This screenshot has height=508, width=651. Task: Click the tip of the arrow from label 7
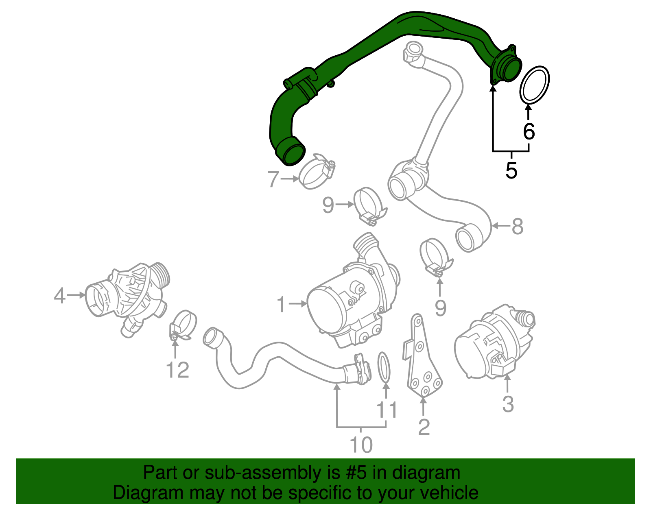pos(299,179)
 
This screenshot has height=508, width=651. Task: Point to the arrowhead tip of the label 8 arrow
pos(492,226)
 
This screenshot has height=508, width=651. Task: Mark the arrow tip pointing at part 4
pos(86,295)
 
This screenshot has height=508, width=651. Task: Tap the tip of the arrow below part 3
pos(507,375)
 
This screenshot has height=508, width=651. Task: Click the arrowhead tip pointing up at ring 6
pos(529,102)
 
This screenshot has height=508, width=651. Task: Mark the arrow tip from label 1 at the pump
pos(308,304)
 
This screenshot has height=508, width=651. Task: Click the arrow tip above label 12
pos(175,340)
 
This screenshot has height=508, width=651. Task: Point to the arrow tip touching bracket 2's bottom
pos(423,396)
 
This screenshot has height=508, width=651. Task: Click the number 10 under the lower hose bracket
pos(361,445)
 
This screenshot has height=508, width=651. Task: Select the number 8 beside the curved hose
pos(518,226)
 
